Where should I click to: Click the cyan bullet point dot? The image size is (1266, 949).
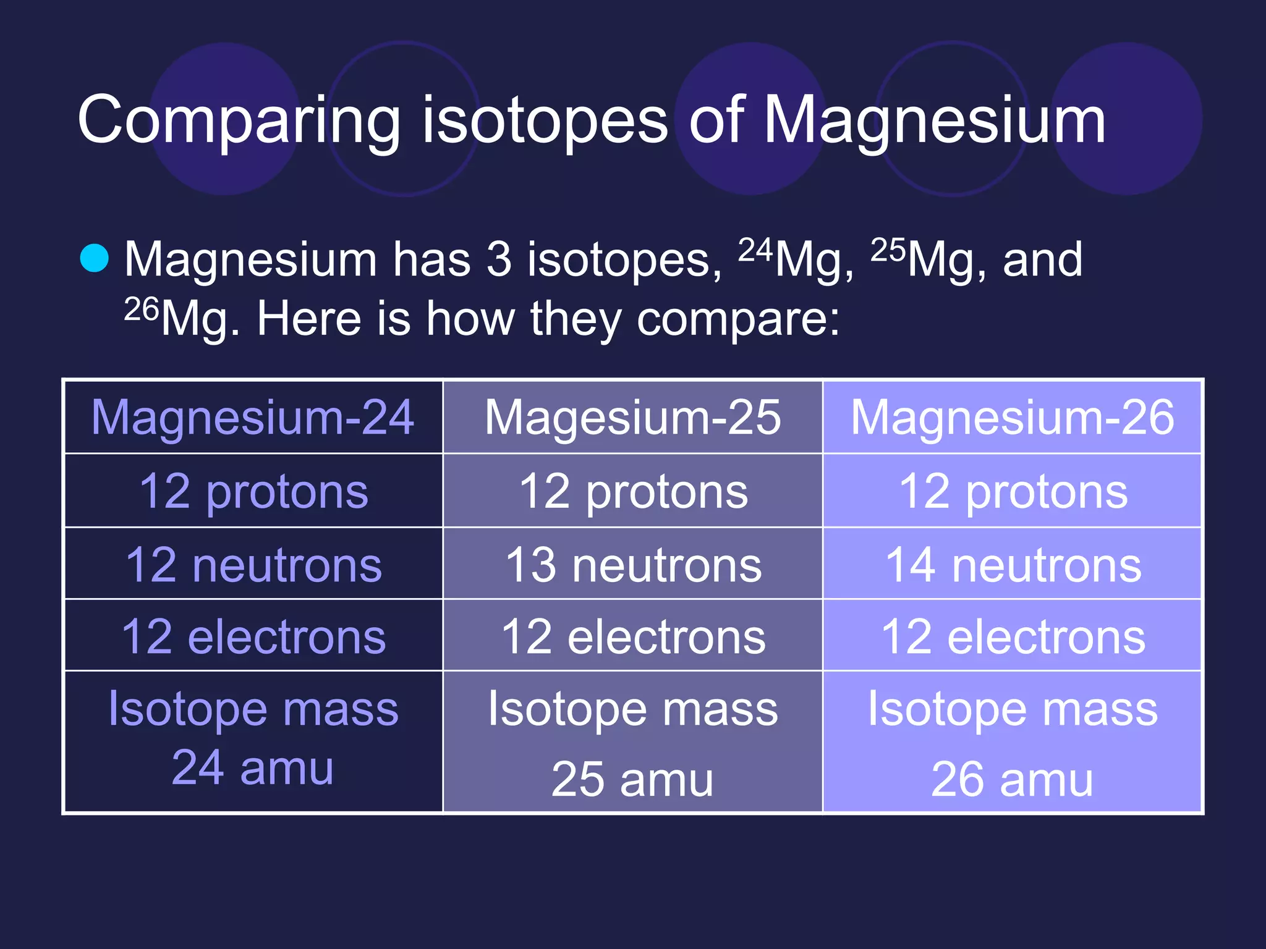pos(95,258)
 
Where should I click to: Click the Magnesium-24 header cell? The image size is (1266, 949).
pos(253,417)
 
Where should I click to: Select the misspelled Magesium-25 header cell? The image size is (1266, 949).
pos(632,417)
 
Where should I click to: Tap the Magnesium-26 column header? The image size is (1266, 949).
pos(1012,417)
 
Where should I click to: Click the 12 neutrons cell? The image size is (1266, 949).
pos(253,565)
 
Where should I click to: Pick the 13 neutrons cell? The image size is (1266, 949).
pos(633,565)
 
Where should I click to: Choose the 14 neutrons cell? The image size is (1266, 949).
pos(1013,565)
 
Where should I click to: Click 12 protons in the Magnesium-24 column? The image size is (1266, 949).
pos(253,491)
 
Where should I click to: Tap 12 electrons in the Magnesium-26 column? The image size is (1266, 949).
pos(1013,636)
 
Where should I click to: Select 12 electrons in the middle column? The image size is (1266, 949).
pos(633,636)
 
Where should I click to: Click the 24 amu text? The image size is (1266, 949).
pos(253,768)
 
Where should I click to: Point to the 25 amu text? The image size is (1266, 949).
pos(632,779)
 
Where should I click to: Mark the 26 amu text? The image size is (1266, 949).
pos(1012,779)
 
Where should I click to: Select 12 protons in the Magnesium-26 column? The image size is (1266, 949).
pos(1013,491)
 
